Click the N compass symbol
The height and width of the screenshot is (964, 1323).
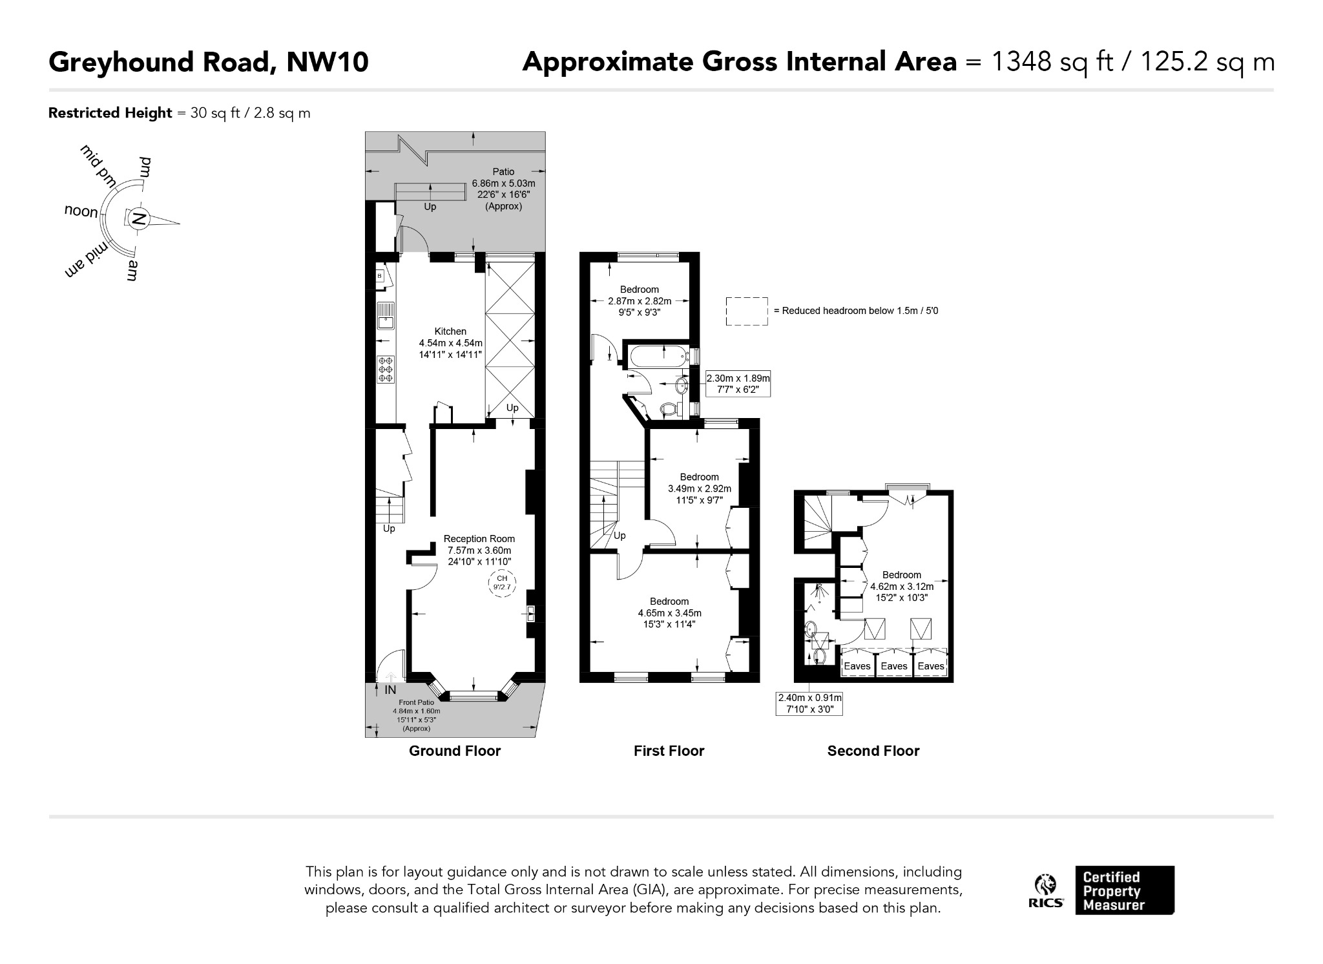[138, 219]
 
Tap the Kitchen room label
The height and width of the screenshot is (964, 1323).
[450, 331]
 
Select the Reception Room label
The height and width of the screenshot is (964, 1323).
[479, 539]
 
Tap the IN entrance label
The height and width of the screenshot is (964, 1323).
[390, 690]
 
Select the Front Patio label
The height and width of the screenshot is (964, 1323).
[417, 702]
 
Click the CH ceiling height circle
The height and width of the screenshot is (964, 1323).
[502, 583]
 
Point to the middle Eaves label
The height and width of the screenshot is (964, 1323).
[894, 666]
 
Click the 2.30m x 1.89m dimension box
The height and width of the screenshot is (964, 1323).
[738, 384]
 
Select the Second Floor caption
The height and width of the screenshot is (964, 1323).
[873, 751]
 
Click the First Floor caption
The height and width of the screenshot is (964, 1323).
[669, 751]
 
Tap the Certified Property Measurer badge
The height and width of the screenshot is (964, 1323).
[1125, 890]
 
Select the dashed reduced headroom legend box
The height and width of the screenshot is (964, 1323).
[747, 311]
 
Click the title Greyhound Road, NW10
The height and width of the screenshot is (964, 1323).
[209, 62]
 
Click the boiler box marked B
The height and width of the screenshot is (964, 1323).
[380, 276]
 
